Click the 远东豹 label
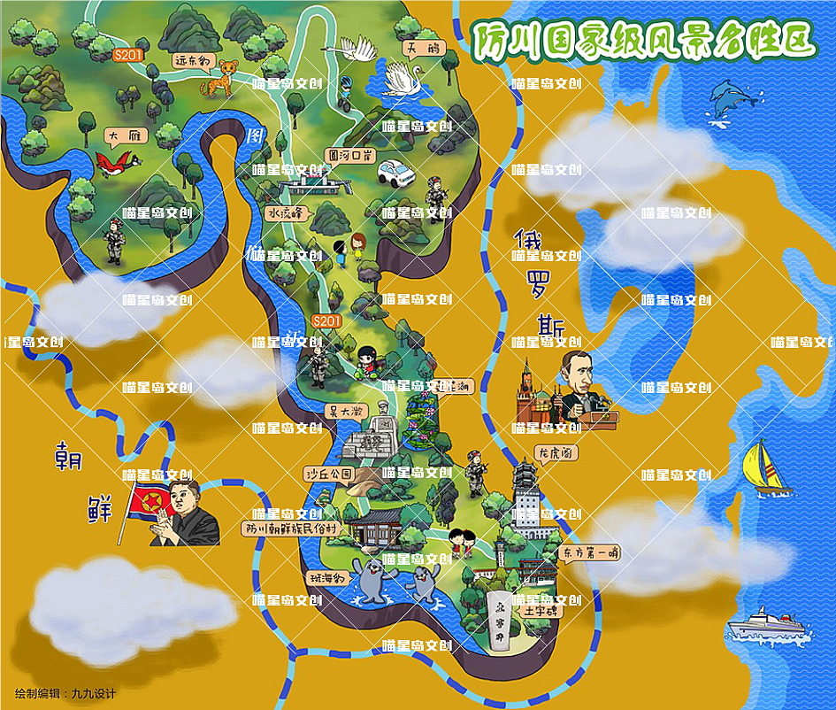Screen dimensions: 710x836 coord(191,62)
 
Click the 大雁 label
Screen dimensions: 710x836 coord(123,135)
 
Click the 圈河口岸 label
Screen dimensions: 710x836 coord(346,154)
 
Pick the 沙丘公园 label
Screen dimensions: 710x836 coord(328,474)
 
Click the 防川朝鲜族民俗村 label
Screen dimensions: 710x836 coord(291,529)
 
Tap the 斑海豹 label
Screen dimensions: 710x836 coord(329,577)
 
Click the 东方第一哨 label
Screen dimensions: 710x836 coord(589,553)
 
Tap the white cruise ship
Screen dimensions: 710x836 coord(765,624)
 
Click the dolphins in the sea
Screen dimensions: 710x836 coord(732,96)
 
